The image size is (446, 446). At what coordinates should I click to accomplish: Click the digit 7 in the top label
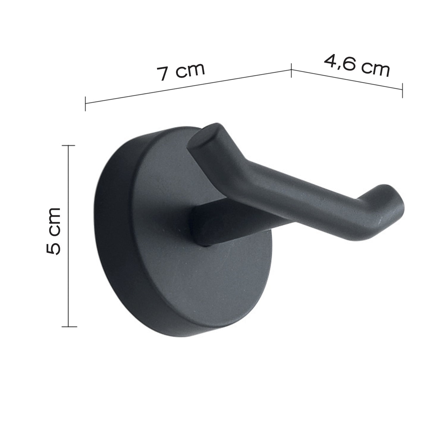(x=163, y=74)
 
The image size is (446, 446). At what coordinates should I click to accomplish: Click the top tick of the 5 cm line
(x=69, y=146)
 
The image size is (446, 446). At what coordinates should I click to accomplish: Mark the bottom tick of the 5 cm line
(x=69, y=327)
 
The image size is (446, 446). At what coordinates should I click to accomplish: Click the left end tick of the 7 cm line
(x=86, y=103)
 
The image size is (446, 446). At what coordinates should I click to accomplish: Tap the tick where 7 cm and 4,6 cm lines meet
(x=291, y=70)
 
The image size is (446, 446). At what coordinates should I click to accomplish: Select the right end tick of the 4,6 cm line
(x=402, y=90)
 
